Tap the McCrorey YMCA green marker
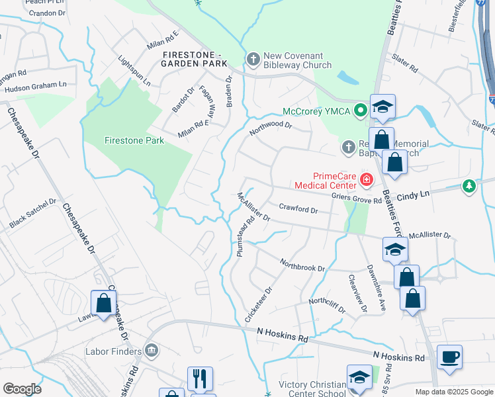(x=360, y=110)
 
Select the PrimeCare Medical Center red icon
(x=365, y=179)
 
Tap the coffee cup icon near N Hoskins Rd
(x=449, y=357)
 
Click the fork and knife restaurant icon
(x=200, y=378)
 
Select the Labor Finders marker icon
(x=151, y=349)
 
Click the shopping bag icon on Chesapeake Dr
(x=104, y=304)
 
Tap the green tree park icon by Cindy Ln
(x=469, y=187)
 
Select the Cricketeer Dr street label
(x=259, y=304)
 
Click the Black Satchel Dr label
(x=33, y=214)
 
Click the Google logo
(x=22, y=389)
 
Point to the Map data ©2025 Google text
(x=453, y=392)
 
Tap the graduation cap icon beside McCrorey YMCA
(x=382, y=107)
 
